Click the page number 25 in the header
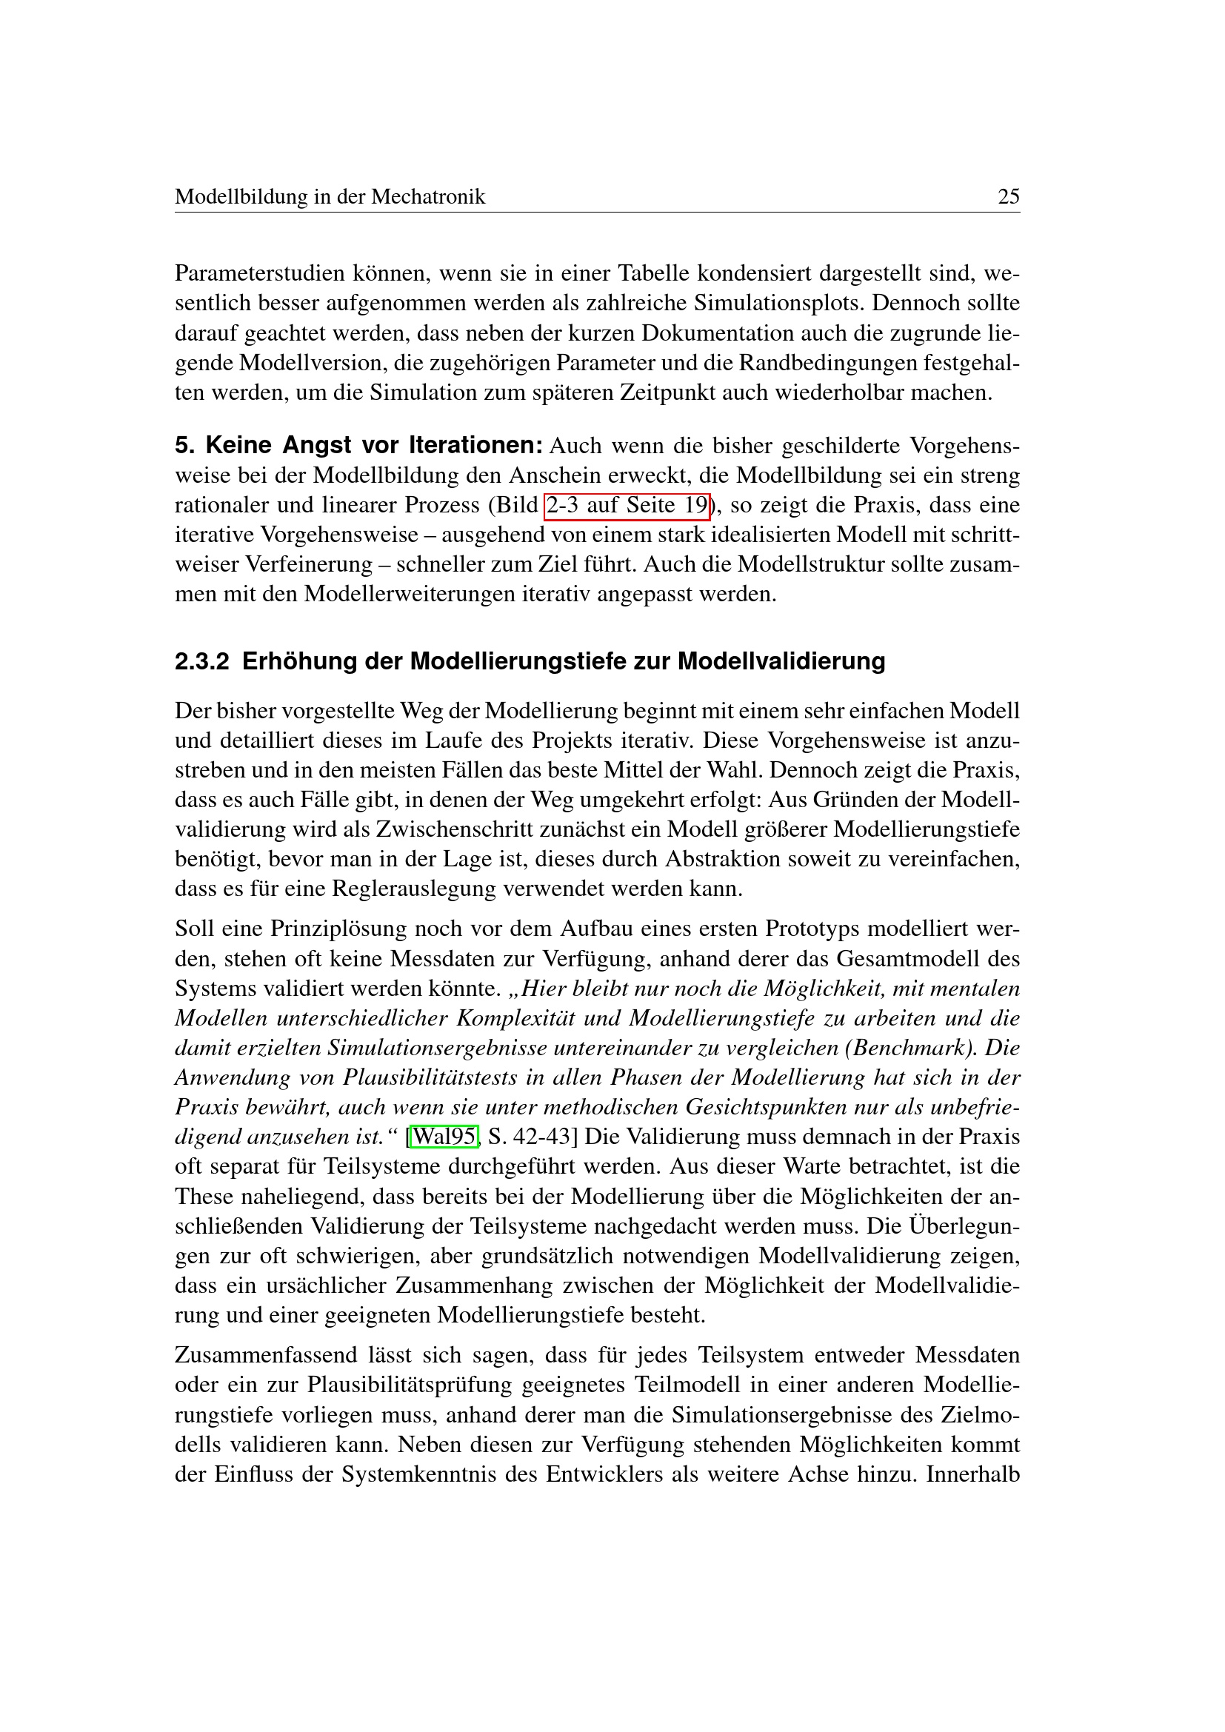click(1009, 197)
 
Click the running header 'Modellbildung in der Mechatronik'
click(330, 197)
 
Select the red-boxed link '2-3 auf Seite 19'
click(627, 506)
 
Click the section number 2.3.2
click(201, 661)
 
